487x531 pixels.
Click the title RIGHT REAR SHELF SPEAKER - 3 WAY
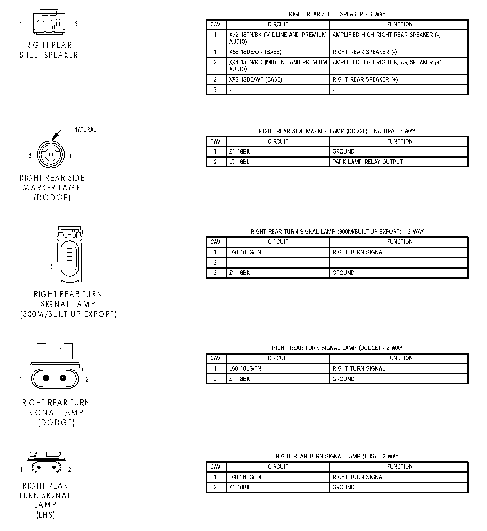coord(337,14)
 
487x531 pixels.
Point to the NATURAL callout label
coord(85,130)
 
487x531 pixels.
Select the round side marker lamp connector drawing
coord(51,154)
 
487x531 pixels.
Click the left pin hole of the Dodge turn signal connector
coord(46,378)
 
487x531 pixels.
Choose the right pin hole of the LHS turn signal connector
coord(55,467)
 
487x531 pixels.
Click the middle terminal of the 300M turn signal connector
coord(69,258)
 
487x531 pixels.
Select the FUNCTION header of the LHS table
coord(399,467)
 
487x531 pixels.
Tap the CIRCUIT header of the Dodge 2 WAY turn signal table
coord(278,358)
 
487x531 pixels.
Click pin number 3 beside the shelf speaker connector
coord(76,24)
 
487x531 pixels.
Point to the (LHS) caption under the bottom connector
coord(46,515)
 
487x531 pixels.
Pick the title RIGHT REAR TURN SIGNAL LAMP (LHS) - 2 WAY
coord(337,456)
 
